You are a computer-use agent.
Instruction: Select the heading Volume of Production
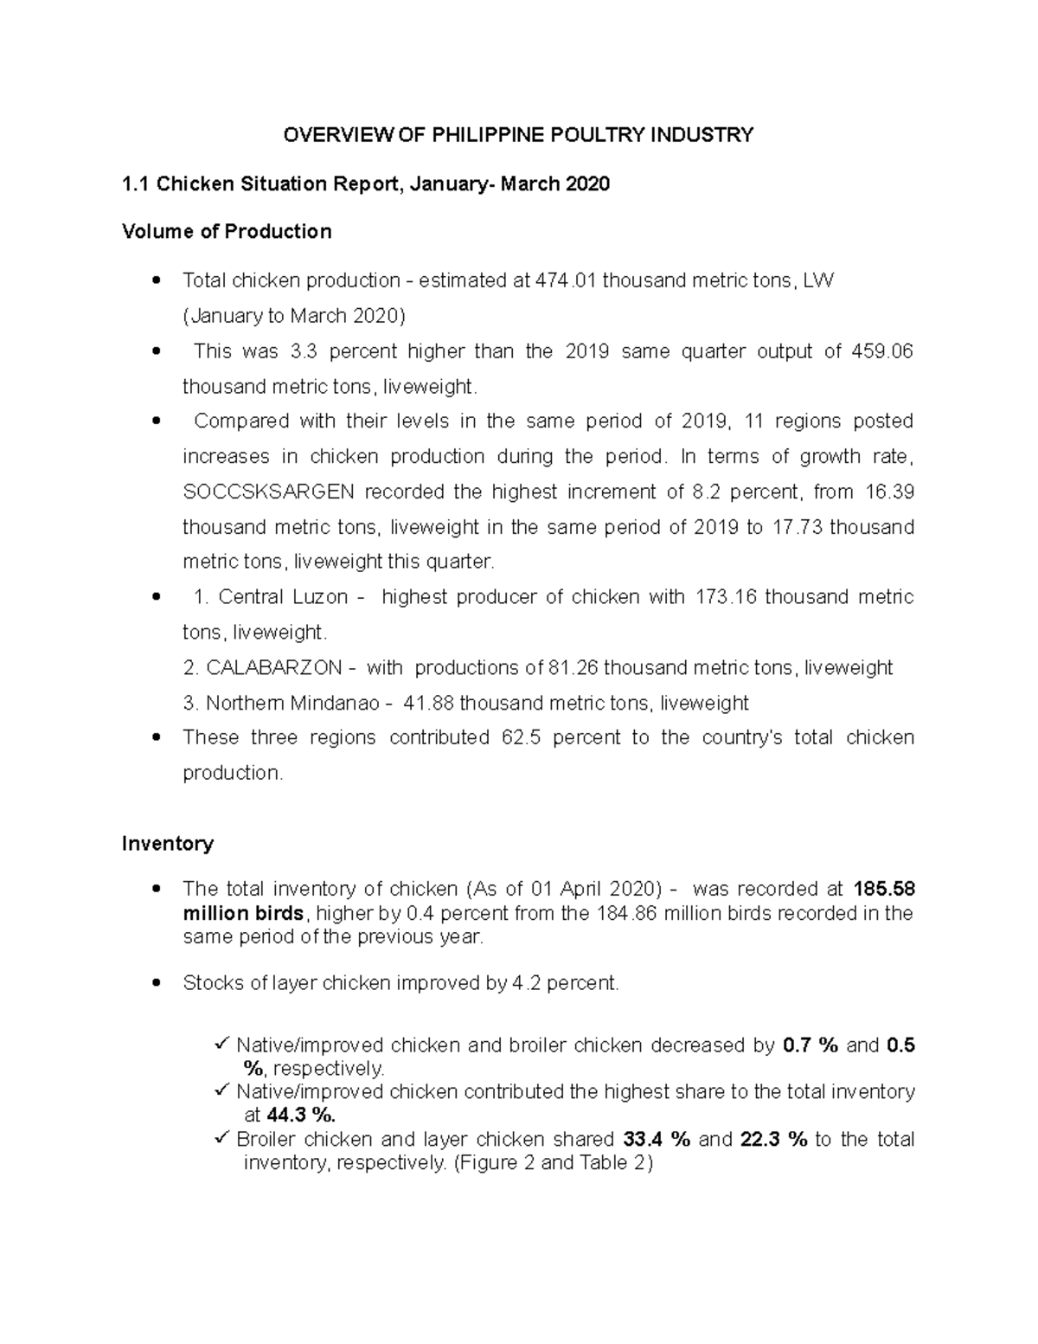[227, 232]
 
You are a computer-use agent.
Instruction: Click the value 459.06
[884, 351]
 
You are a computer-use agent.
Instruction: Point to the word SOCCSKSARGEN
[268, 492]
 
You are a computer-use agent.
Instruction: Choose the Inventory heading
[168, 844]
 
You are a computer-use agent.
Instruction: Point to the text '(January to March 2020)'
[293, 316]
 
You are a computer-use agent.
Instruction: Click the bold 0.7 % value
[810, 1045]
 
